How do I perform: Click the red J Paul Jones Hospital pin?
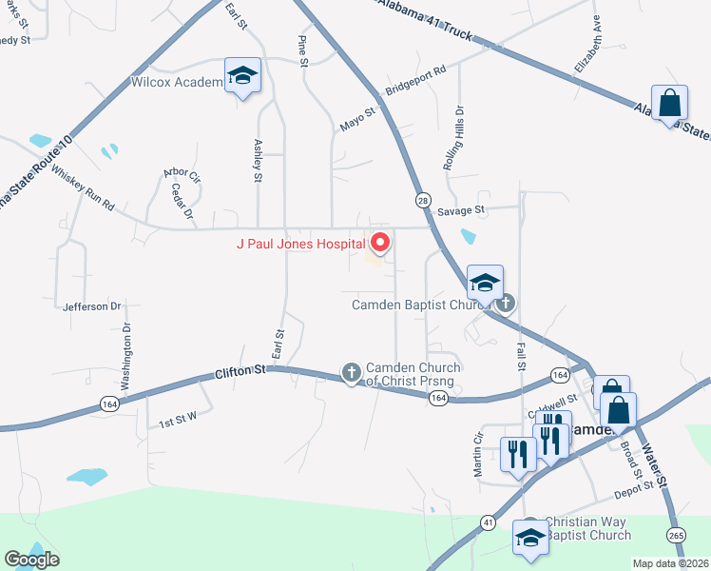[x=380, y=243]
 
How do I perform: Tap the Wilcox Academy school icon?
[x=242, y=76]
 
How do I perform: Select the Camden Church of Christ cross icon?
[x=352, y=372]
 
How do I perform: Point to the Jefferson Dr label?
[x=92, y=306]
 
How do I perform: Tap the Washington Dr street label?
[x=125, y=357]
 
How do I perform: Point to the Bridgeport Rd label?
[x=415, y=84]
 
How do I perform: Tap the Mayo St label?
[x=359, y=120]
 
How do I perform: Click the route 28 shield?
[x=421, y=199]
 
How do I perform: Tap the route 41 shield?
[x=488, y=522]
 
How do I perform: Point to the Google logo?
[x=31, y=560]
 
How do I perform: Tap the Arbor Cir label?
[x=182, y=175]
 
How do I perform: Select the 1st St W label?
[x=177, y=420]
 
